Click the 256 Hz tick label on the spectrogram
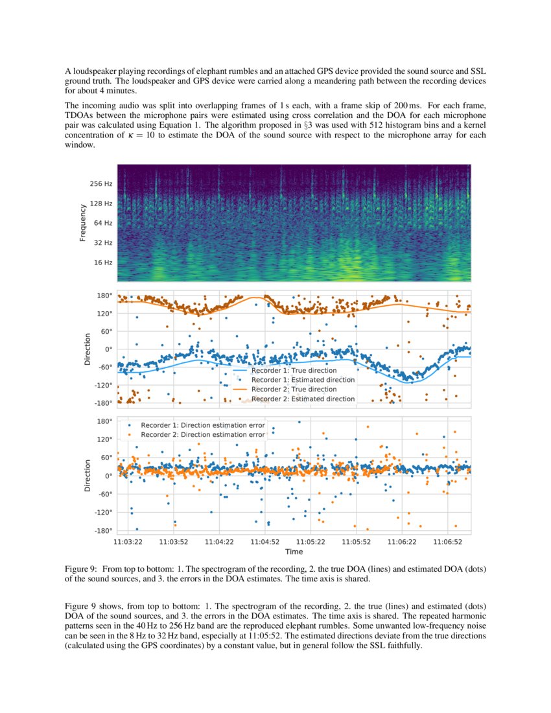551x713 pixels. click(100, 184)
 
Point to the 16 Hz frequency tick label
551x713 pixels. click(102, 263)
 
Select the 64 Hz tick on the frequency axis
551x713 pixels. click(102, 224)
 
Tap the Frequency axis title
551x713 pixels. click(83, 223)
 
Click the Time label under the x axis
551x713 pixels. click(294, 552)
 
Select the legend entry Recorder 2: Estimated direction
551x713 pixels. click(303, 399)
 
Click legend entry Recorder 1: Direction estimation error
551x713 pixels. click(203, 425)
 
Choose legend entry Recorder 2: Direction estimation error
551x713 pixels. click(203, 434)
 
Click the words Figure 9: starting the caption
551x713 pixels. click(82, 568)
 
